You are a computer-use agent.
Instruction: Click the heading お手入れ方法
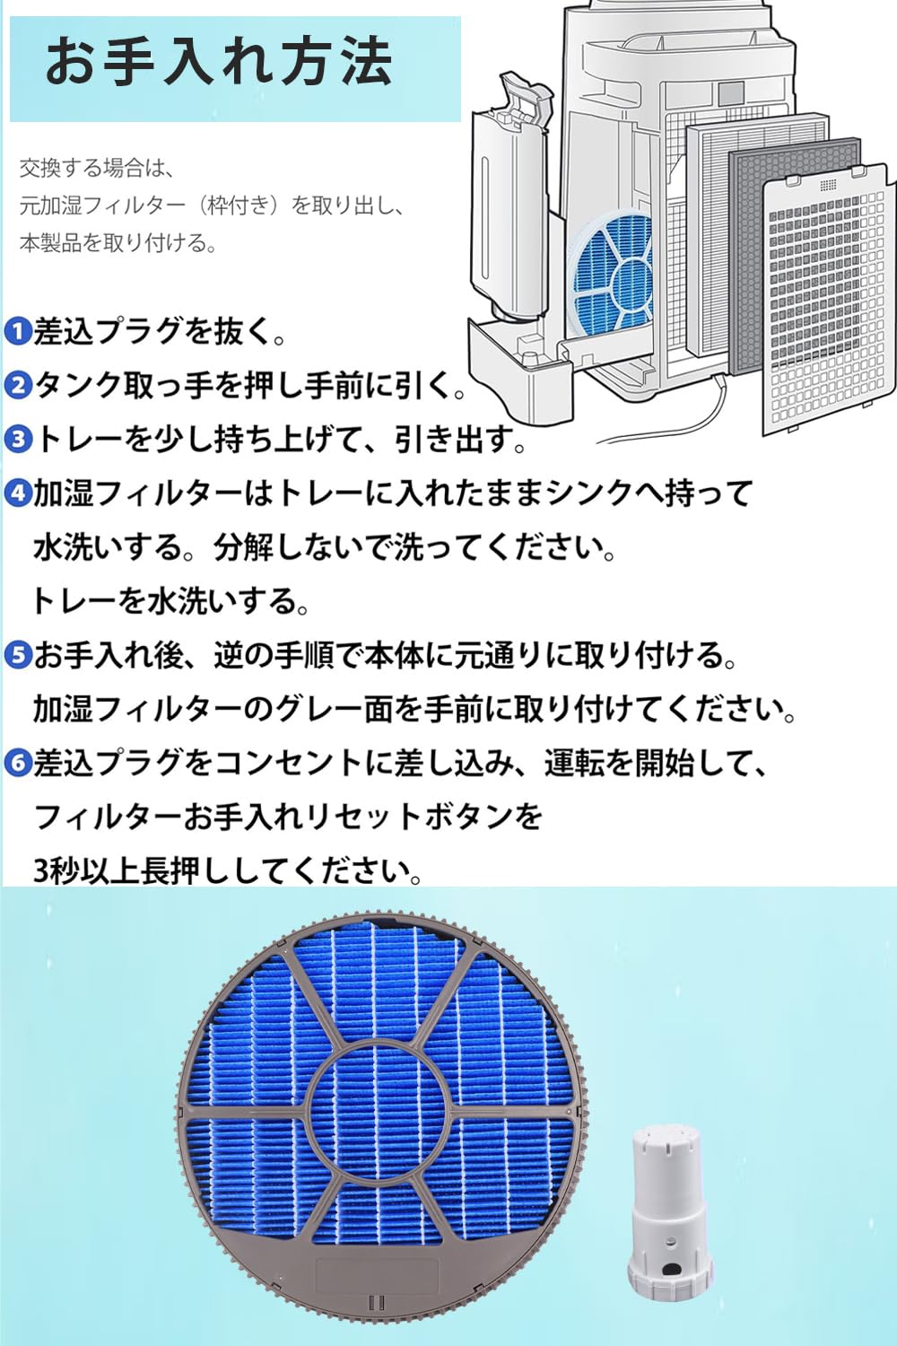coord(219,62)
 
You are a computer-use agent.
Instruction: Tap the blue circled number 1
coord(18,332)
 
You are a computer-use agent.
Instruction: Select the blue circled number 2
coord(18,386)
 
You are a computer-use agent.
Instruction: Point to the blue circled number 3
coord(18,440)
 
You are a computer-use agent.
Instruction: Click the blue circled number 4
coord(18,494)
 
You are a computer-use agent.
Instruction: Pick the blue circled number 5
coord(18,655)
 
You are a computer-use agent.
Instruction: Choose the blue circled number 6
coord(18,764)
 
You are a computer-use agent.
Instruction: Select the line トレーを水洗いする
coord(170,601)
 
